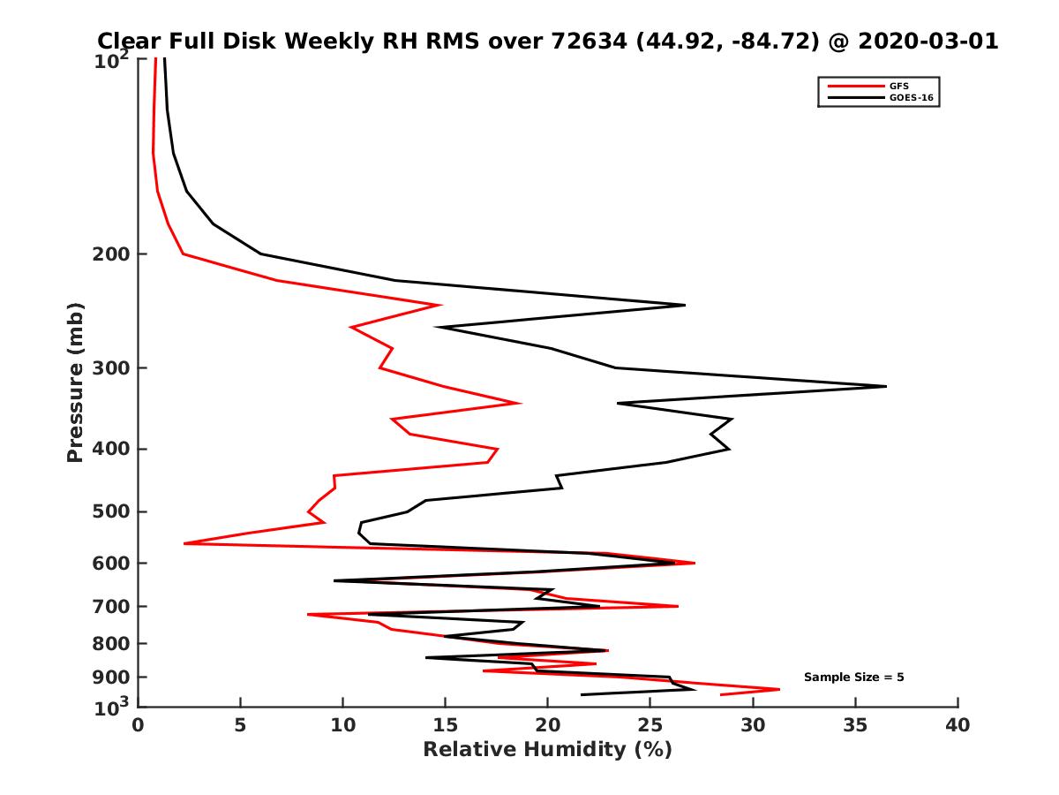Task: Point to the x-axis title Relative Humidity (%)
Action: pos(547,750)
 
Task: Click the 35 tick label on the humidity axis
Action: pos(855,725)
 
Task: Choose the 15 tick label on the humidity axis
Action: pos(445,725)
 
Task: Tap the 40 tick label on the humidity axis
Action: pos(958,725)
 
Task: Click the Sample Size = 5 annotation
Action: pos(853,678)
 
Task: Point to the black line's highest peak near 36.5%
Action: pos(885,386)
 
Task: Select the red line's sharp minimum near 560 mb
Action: pos(184,543)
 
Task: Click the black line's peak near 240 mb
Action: pos(685,305)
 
